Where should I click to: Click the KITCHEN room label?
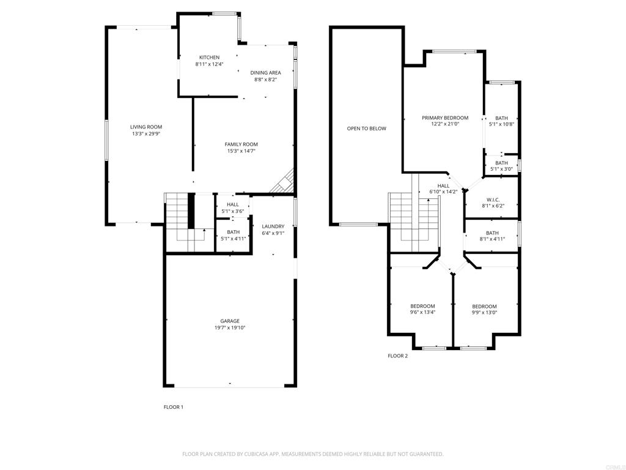tap(209, 58)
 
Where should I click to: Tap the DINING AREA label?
tap(265, 72)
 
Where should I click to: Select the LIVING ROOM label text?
tap(145, 127)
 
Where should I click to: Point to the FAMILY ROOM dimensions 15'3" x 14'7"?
tap(241, 151)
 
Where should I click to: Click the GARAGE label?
tap(230, 321)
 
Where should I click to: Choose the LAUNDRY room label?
tap(273, 226)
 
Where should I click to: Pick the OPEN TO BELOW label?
tap(366, 129)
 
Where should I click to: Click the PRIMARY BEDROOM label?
tap(444, 117)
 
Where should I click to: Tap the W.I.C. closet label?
tap(494, 199)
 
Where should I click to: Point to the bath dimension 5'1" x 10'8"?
tap(501, 124)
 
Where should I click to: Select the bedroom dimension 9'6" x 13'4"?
tap(422, 312)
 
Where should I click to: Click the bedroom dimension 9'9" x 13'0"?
tap(484, 312)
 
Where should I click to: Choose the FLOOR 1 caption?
tap(173, 407)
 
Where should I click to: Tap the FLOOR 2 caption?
tap(397, 356)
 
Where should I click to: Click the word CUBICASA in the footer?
tap(250, 454)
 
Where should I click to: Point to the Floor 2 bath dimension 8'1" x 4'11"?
tap(492, 239)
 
